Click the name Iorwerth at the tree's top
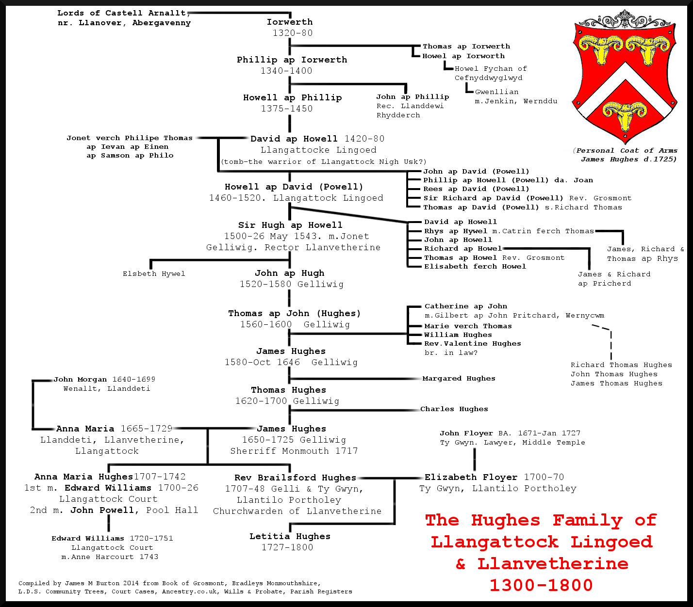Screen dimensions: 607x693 (x=290, y=22)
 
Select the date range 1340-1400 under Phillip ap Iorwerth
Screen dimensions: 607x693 (x=286, y=71)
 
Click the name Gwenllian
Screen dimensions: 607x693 (x=496, y=92)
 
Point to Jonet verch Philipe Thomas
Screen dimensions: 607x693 (x=130, y=138)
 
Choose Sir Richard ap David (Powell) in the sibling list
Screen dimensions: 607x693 (x=493, y=198)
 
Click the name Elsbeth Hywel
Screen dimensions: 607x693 (x=154, y=274)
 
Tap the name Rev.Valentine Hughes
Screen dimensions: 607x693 (x=472, y=344)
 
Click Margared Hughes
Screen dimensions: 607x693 (x=459, y=379)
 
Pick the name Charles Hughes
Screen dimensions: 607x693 (x=454, y=409)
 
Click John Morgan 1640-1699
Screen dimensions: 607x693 (x=104, y=380)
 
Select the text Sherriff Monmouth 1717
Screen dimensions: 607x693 (x=294, y=451)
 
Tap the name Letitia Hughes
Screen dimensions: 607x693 (x=290, y=536)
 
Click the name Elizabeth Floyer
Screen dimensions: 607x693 (x=471, y=477)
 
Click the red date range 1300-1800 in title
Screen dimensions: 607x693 (x=541, y=585)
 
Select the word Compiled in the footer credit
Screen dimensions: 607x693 (x=33, y=583)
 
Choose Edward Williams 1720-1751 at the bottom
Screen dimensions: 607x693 (x=112, y=539)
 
